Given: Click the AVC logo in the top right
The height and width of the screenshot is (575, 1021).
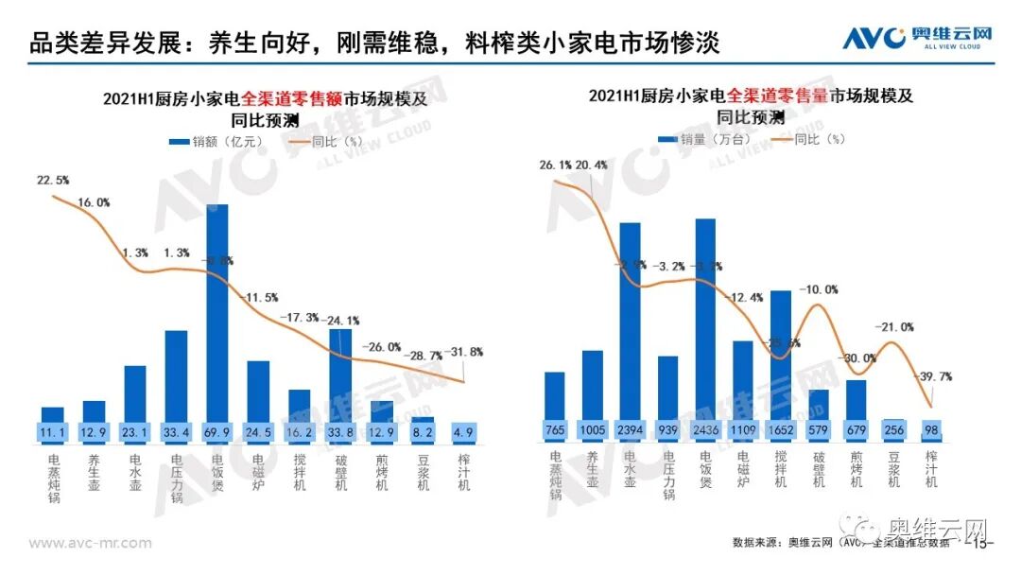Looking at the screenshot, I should [x=915, y=38].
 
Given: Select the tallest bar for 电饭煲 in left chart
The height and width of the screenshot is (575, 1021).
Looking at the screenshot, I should [x=216, y=312].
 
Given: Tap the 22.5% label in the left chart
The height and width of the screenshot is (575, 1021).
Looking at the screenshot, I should [x=53, y=180].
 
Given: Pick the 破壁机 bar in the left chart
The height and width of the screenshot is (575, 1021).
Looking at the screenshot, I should [x=339, y=374].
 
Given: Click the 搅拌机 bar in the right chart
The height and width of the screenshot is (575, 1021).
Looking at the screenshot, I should [x=780, y=355].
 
